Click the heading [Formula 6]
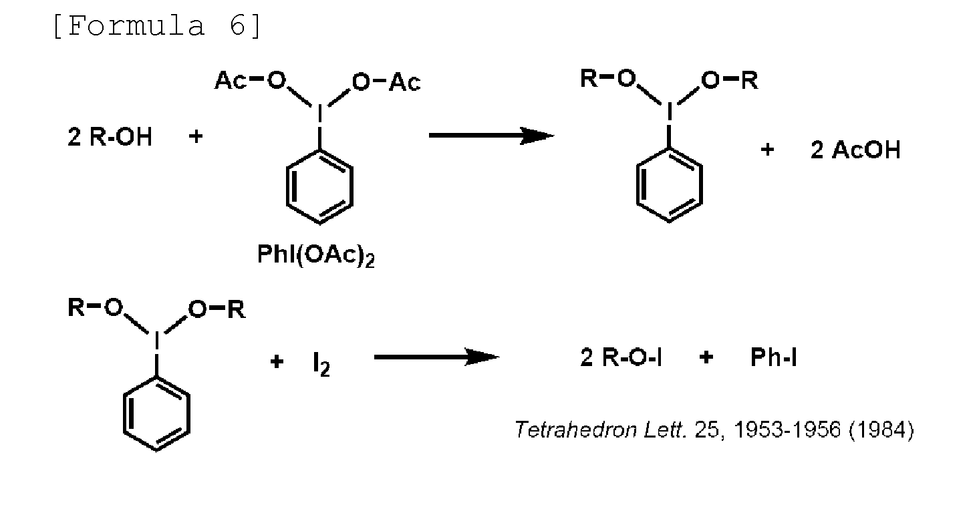pyautogui.click(x=158, y=26)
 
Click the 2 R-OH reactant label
pyautogui.click(x=110, y=138)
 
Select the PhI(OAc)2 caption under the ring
pyautogui.click(x=315, y=257)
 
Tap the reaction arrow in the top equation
pyautogui.click(x=491, y=136)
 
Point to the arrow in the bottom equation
pyautogui.click(x=436, y=357)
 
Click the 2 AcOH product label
pyautogui.click(x=855, y=150)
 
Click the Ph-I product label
pyautogui.click(x=774, y=358)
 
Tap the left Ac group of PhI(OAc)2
pyautogui.click(x=231, y=81)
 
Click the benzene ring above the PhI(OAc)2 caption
pyautogui.click(x=319, y=190)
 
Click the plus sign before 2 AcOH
pyautogui.click(x=767, y=150)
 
